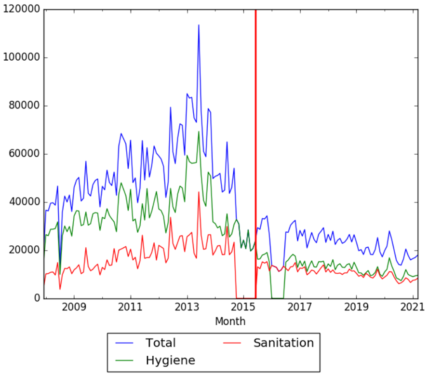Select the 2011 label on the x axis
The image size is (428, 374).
tap(130, 307)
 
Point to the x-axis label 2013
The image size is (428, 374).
tap(187, 307)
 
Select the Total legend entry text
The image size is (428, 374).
tap(161, 343)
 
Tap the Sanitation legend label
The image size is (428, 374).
tap(283, 343)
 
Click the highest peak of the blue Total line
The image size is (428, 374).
tap(199, 25)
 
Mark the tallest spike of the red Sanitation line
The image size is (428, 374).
tap(199, 192)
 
